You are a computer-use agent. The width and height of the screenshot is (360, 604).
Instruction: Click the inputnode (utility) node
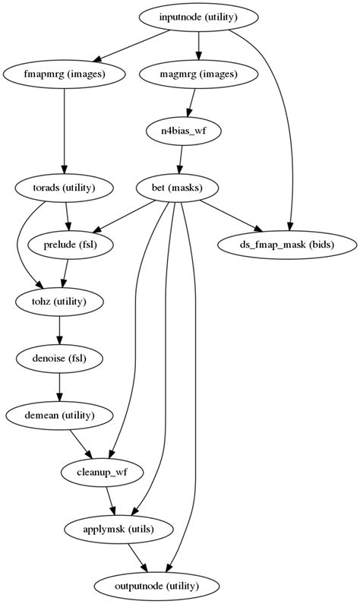pyautogui.click(x=199, y=17)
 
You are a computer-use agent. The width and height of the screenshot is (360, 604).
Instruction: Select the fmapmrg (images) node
pyautogui.click(x=65, y=74)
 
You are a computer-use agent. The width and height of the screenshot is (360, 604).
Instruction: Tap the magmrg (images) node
pyautogui.click(x=199, y=74)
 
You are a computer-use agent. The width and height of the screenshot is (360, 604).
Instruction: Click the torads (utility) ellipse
pyautogui.click(x=65, y=188)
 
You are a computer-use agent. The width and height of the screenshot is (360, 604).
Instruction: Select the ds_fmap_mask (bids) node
pyautogui.click(x=287, y=245)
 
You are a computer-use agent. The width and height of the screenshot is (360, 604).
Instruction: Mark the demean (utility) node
pyautogui.click(x=59, y=416)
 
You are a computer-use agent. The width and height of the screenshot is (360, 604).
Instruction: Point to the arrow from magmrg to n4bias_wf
pyautogui.click(x=192, y=102)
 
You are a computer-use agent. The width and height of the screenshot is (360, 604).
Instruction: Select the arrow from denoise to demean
pyautogui.click(x=59, y=387)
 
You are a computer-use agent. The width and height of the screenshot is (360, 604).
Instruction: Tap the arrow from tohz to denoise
pyautogui.click(x=60, y=330)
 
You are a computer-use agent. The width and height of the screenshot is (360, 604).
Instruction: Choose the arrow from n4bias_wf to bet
pyautogui.click(x=181, y=159)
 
